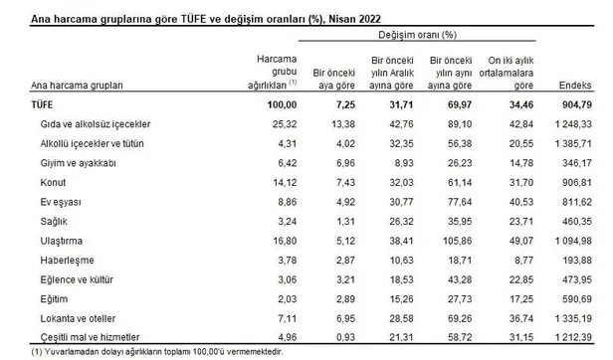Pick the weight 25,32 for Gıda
point(284,124)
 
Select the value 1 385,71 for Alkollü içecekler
point(577,144)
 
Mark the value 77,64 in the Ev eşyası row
point(456,203)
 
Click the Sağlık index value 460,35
point(582,222)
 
